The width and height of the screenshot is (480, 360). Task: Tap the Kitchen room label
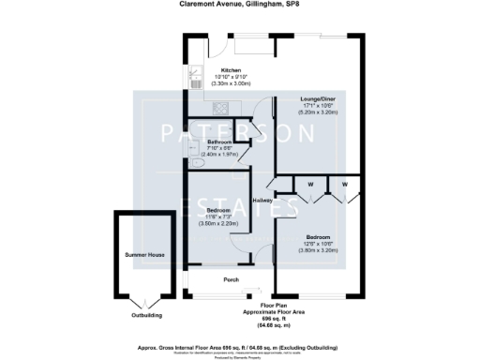tap(231, 70)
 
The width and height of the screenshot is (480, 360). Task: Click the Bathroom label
tap(219, 142)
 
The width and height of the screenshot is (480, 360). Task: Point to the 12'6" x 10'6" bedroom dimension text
tap(319, 244)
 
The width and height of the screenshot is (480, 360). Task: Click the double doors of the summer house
tap(142, 299)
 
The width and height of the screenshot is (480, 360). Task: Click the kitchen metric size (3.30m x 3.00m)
tap(231, 84)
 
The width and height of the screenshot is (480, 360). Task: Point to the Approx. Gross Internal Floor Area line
tap(239, 346)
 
